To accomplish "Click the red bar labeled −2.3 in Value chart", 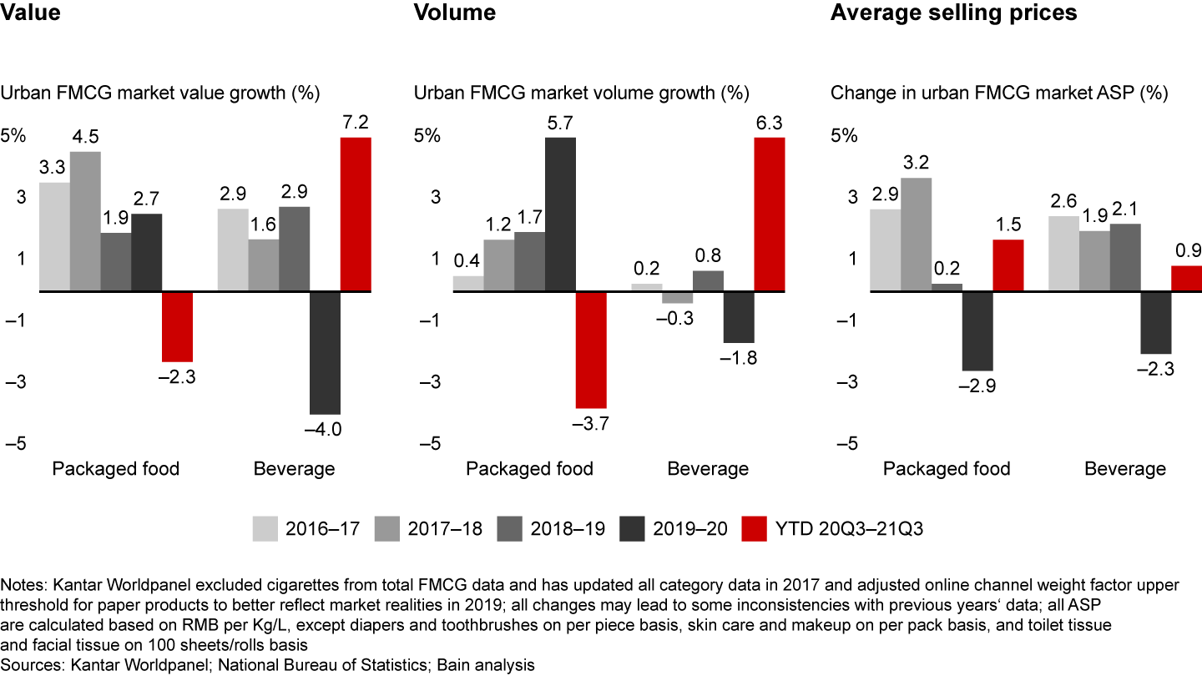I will pyautogui.click(x=177, y=326).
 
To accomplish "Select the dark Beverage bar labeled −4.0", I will pyautogui.click(x=325, y=352).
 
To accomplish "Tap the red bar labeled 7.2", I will pyautogui.click(x=355, y=214).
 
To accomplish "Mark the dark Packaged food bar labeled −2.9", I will pyautogui.click(x=977, y=330).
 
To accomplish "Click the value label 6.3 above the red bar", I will pyautogui.click(x=770, y=124).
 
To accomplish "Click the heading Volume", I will pyautogui.click(x=455, y=13).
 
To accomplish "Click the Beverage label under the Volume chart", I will pyautogui.click(x=708, y=468).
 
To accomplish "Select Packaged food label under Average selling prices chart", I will pyautogui.click(x=947, y=468).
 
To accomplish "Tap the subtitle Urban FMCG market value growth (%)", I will pyautogui.click(x=160, y=93).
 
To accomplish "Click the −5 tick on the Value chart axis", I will pyautogui.click(x=15, y=443).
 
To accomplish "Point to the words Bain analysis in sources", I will pyautogui.click(x=484, y=664).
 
